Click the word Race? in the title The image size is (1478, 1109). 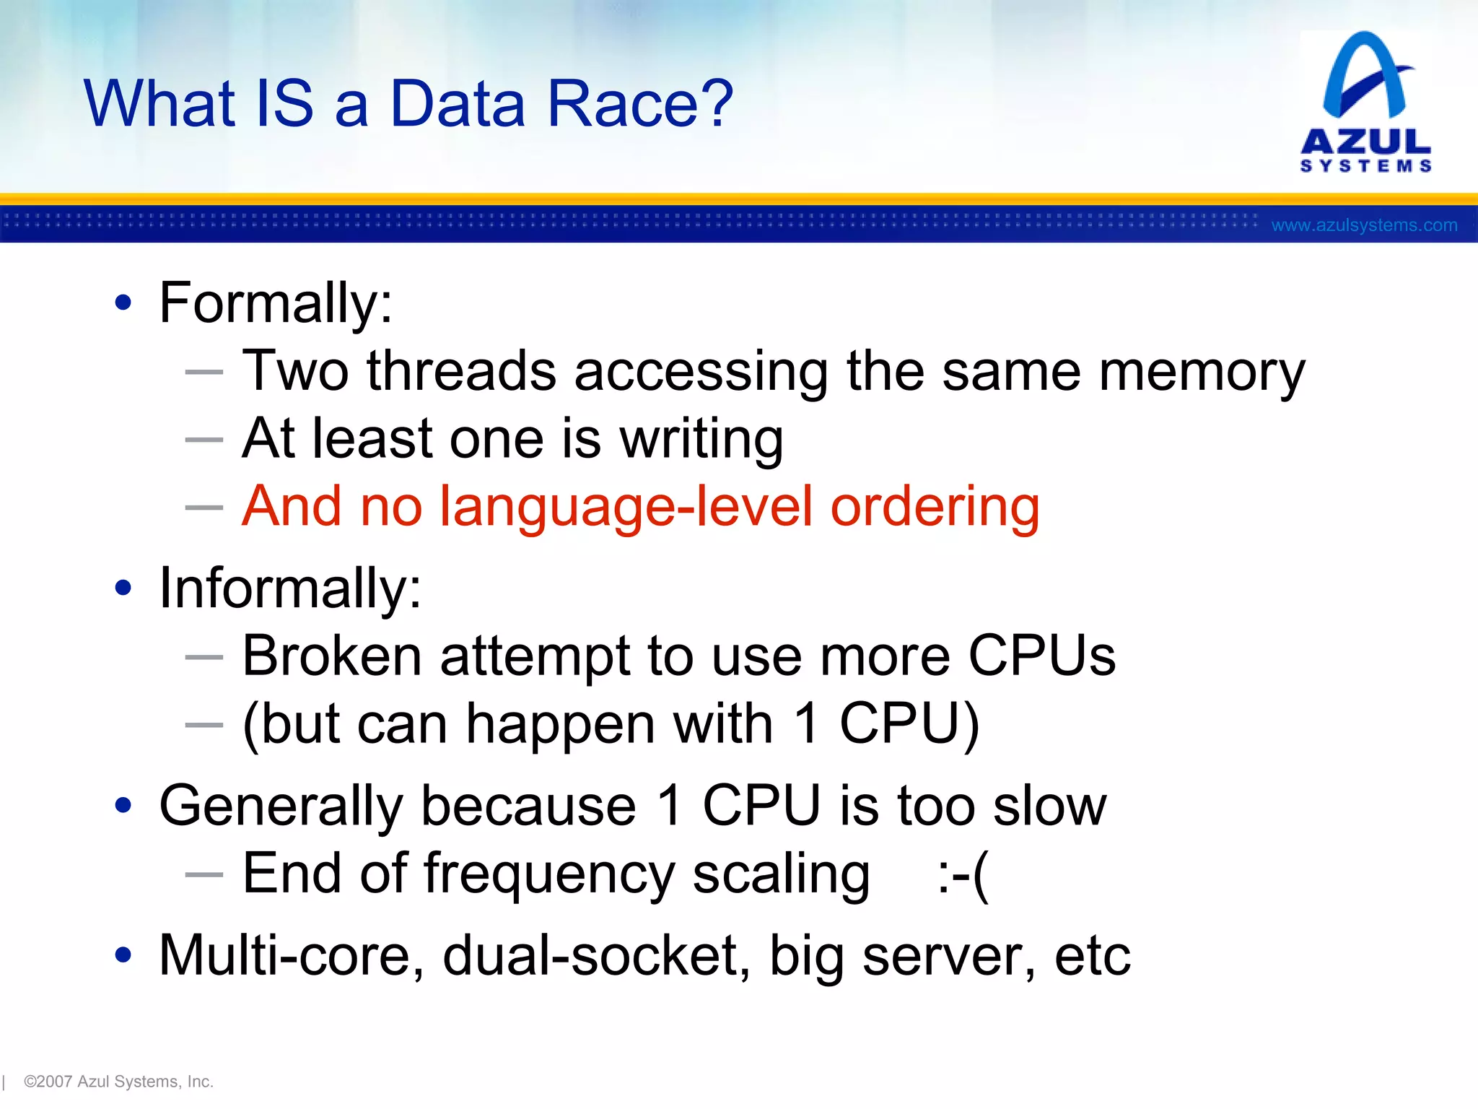639,105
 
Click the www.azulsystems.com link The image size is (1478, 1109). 1364,225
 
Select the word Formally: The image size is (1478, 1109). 276,303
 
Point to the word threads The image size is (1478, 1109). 461,371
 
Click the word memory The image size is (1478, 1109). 1202,373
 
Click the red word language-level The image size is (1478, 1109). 626,507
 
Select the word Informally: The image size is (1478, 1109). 290,588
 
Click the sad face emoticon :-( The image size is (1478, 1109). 963,875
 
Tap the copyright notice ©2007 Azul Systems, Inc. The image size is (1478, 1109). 118,1082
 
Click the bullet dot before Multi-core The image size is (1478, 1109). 123,954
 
